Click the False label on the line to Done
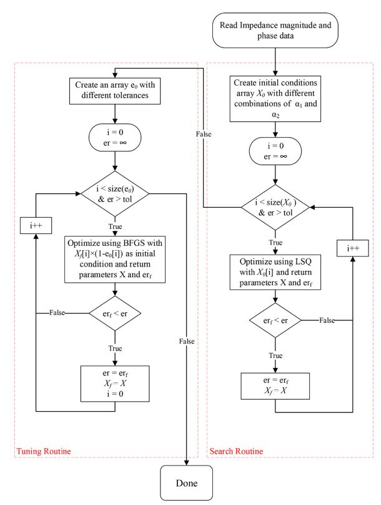[186, 342]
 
